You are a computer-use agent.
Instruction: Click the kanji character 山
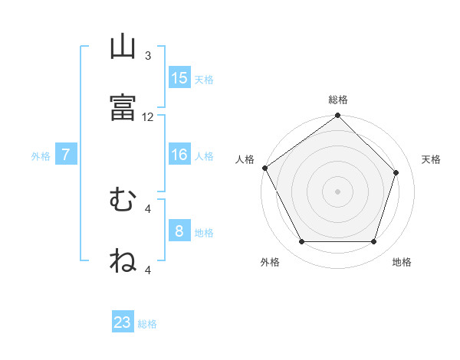point(123,46)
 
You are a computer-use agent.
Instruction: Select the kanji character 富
point(123,107)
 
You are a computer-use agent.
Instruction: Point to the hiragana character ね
point(123,260)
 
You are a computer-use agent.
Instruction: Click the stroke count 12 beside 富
point(147,117)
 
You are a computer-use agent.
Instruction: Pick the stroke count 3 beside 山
point(148,56)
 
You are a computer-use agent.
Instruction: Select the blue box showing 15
point(179,77)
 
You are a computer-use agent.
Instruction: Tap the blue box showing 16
point(179,154)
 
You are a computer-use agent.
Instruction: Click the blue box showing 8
point(179,230)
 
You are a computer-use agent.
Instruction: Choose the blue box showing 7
point(66,154)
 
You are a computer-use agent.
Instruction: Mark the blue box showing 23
point(123,321)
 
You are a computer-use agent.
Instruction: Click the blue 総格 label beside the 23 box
point(147,324)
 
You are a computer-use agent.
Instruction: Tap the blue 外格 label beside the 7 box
point(41,156)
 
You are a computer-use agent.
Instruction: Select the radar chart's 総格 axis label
point(338,100)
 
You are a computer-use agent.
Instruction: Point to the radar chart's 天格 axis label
point(431,159)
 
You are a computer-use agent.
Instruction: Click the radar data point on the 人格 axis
point(265,168)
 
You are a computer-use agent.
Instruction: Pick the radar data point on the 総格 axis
point(337,115)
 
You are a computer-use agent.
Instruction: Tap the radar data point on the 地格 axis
point(374,241)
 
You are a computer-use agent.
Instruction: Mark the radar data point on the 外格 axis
point(302,241)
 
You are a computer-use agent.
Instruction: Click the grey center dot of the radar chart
point(337,191)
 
